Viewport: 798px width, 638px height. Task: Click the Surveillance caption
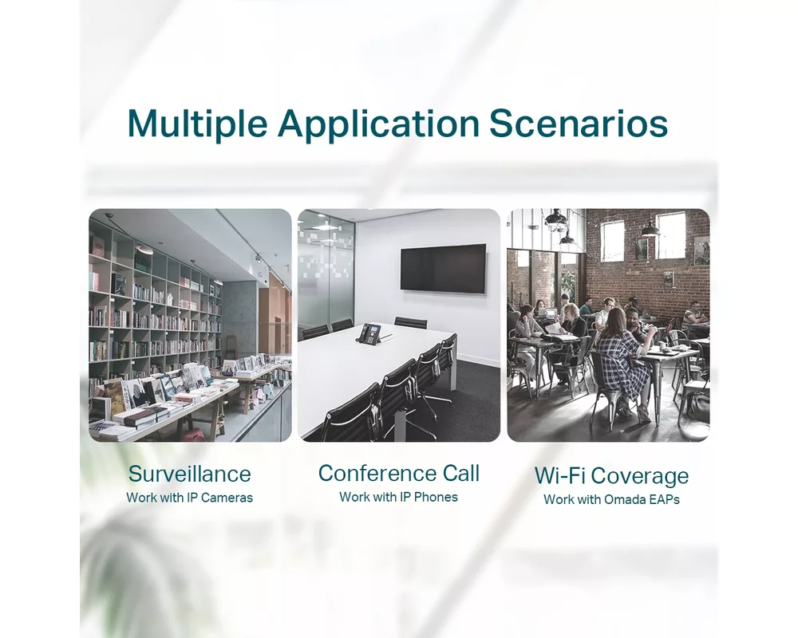click(x=190, y=474)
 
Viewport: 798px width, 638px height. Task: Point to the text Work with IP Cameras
click(x=190, y=498)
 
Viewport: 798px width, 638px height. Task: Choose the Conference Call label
click(x=399, y=473)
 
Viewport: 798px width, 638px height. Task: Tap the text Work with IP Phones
click(x=399, y=497)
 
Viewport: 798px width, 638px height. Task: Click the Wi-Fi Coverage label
click(x=611, y=476)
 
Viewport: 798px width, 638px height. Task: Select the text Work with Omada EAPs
click(x=611, y=499)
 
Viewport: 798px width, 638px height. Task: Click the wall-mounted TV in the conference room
click(x=443, y=268)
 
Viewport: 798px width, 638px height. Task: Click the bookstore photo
click(x=190, y=325)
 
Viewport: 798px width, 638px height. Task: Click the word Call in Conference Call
click(x=461, y=473)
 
